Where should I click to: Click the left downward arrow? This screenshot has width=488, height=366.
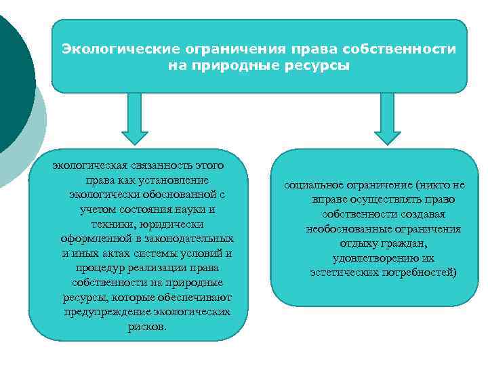click(134, 121)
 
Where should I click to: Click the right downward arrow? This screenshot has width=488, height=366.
click(387, 121)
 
